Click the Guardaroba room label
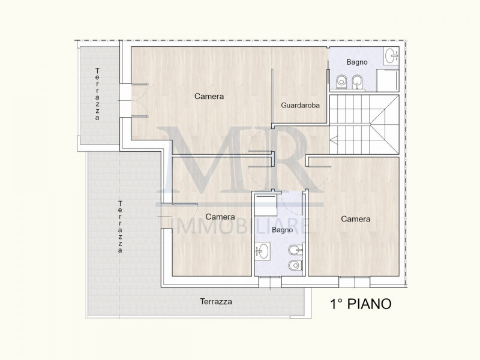[x=300, y=105]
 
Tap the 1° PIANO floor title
[x=361, y=304]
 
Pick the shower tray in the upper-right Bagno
[x=387, y=80]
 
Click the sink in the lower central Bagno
[x=263, y=250]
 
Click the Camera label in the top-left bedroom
[x=209, y=96]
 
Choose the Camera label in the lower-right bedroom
[x=356, y=219]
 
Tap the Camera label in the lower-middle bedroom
[x=220, y=217]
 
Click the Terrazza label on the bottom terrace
[x=216, y=302]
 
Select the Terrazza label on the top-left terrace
[x=97, y=95]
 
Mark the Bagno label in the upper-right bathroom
[x=357, y=62]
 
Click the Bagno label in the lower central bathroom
[x=282, y=230]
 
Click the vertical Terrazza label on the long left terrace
[x=121, y=228]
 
